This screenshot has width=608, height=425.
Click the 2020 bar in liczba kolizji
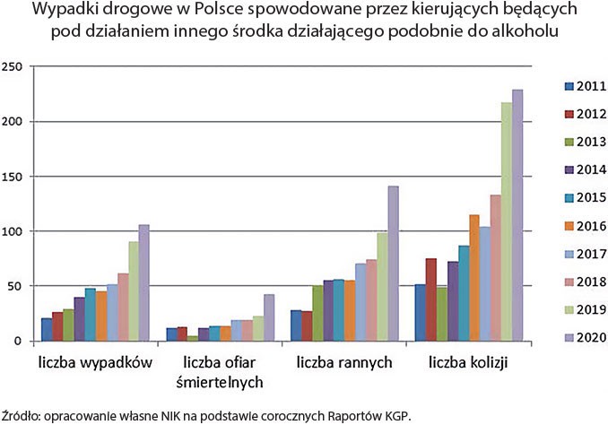click(x=517, y=215)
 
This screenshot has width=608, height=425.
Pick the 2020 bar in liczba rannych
click(x=393, y=264)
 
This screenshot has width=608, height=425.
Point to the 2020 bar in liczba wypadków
click(x=143, y=282)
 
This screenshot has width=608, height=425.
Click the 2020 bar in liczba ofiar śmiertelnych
click(x=268, y=317)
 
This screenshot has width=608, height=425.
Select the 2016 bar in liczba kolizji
click(x=474, y=278)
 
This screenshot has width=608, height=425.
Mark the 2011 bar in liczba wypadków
click(x=47, y=329)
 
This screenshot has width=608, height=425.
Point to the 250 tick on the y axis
click(x=13, y=67)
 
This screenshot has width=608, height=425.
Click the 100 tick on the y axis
click(x=13, y=231)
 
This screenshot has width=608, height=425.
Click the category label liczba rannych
click(x=343, y=363)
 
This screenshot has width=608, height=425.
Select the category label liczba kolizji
click(x=467, y=363)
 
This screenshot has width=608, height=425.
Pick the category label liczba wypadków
click(x=93, y=363)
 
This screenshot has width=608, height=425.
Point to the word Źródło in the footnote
click(x=21, y=414)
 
